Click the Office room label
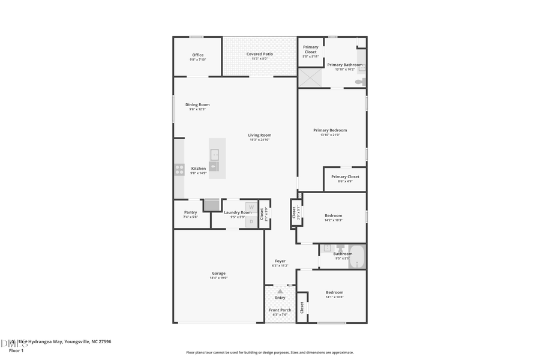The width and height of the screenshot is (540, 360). (x=198, y=55)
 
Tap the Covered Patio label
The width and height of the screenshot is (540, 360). (x=259, y=54)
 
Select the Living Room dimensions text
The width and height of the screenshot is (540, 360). (x=259, y=140)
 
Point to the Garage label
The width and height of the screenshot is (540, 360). (x=218, y=273)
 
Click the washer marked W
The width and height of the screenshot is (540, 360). (x=251, y=207)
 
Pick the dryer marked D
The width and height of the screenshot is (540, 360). (x=251, y=221)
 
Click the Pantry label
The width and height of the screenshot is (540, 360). (x=190, y=212)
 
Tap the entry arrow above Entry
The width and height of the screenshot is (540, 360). (x=280, y=291)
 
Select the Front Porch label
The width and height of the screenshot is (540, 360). (x=280, y=310)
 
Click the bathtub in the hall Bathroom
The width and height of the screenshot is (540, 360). (x=356, y=257)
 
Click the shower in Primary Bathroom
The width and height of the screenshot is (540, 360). (x=310, y=78)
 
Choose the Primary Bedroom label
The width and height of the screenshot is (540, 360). (x=330, y=130)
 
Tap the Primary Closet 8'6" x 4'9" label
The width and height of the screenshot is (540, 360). (x=345, y=176)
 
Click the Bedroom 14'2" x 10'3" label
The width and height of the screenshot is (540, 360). (x=333, y=215)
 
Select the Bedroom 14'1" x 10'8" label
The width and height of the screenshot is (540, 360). (x=334, y=292)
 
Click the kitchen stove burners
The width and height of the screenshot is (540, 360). (x=179, y=169)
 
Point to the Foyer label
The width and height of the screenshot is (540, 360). (x=280, y=261)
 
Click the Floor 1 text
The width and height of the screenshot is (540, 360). (x=16, y=350)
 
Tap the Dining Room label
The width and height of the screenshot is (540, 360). (x=197, y=104)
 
